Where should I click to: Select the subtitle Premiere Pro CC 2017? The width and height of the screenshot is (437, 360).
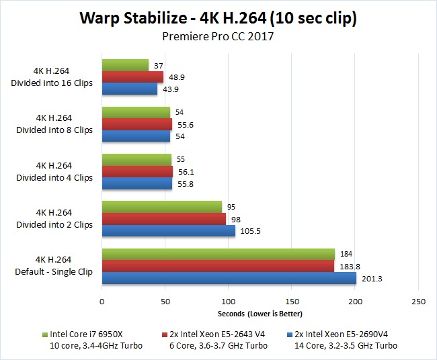(218, 36)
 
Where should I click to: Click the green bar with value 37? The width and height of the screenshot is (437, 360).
(125, 65)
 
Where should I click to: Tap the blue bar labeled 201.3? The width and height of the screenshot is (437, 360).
(229, 277)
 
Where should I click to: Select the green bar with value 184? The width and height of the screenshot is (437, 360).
(218, 254)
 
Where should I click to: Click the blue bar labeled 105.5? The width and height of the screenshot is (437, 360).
(168, 230)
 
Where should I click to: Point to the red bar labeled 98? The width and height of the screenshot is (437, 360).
(163, 219)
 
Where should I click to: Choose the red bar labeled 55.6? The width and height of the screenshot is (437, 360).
(136, 124)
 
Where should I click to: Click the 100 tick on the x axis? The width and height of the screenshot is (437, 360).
(229, 302)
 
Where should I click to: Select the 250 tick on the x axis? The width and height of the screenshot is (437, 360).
(419, 302)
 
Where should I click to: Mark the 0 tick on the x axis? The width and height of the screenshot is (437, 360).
(102, 302)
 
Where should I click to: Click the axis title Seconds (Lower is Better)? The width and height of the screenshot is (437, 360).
(260, 314)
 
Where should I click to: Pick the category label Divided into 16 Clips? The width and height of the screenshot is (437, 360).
(54, 83)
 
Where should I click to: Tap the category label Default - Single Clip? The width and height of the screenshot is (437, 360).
(54, 271)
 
